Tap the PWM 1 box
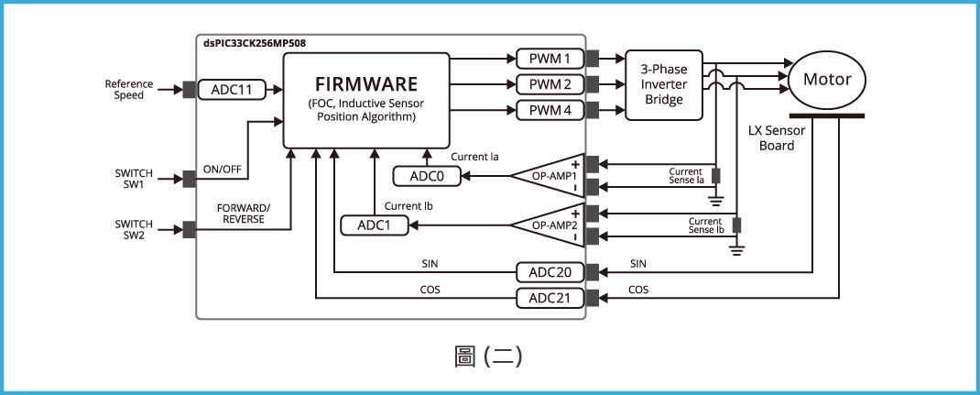coord(550,59)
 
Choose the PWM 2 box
coord(550,84)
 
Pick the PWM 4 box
coord(550,110)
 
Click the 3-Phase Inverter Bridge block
coord(664,84)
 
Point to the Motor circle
coord(827,79)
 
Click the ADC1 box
coord(374,225)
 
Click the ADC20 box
coord(550,272)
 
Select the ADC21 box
coord(550,298)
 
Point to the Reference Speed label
coord(128,89)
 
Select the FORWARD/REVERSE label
coord(243,214)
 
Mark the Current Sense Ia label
coord(685,175)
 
